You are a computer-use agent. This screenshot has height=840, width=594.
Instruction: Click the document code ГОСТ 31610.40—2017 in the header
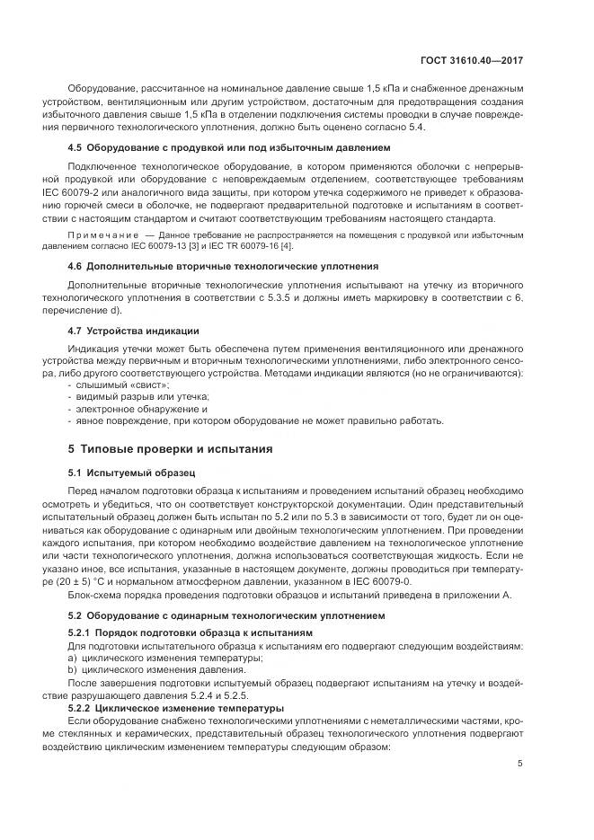tap(472, 60)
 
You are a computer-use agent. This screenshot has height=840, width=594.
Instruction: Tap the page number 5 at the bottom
tap(520, 764)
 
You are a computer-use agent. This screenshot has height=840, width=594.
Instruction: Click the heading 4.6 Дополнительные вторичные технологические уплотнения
tap(223, 266)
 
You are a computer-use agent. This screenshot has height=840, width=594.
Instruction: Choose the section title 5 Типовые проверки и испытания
tap(171, 448)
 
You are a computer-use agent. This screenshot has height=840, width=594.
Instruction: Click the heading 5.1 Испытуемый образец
tap(131, 472)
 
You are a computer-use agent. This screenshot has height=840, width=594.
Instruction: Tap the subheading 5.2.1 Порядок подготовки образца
tap(177, 634)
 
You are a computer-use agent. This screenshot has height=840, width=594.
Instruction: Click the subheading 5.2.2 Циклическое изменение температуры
tap(176, 707)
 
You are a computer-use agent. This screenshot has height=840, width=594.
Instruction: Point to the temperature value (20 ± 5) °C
tap(105, 581)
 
